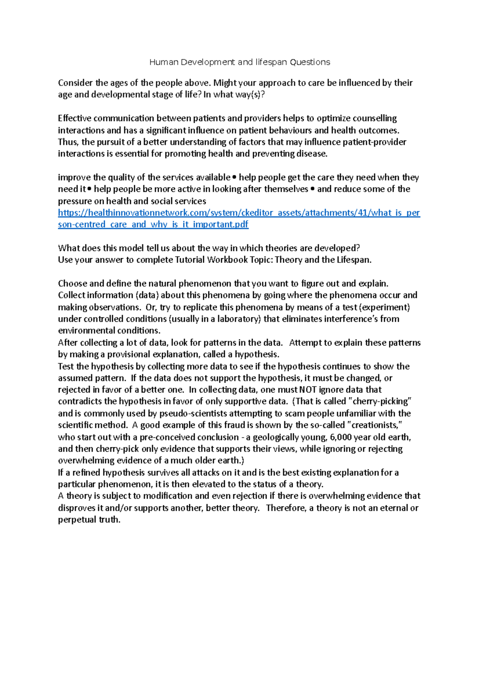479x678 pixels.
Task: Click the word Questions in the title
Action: pos(310,62)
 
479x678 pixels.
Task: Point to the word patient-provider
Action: pos(374,142)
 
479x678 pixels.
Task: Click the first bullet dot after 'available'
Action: pos(234,177)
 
